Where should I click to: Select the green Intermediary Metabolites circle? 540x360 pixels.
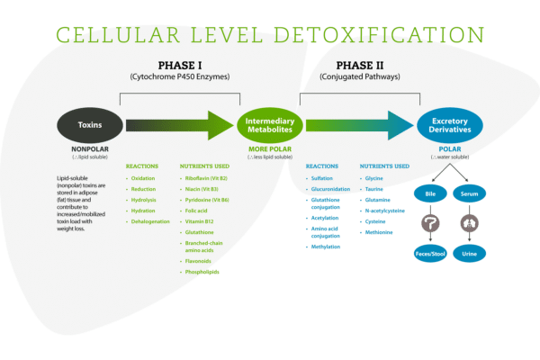pyautogui.click(x=265, y=126)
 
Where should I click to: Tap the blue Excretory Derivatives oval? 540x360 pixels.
pyautogui.click(x=449, y=126)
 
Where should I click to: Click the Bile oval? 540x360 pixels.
pyautogui.click(x=429, y=193)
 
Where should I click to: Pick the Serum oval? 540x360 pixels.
pyautogui.click(x=468, y=193)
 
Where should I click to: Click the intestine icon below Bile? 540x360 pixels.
pyautogui.click(x=429, y=224)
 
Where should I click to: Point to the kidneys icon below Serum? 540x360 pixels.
pyautogui.click(x=468, y=224)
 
